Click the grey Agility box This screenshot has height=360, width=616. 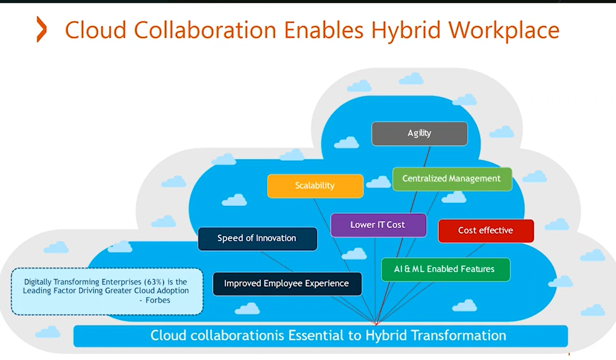[419, 133]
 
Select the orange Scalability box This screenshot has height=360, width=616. [315, 186]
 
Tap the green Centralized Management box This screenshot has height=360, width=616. [451, 179]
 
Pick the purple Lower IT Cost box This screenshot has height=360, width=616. [378, 225]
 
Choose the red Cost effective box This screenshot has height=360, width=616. [486, 231]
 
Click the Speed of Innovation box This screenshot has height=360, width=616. [257, 238]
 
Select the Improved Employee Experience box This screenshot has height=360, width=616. [286, 283]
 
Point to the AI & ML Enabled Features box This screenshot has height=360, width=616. [444, 270]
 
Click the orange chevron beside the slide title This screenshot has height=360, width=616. [41, 29]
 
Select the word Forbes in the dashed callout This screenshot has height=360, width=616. [158, 300]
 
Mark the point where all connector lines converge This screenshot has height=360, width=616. [376, 324]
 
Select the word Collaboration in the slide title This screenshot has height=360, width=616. [205, 30]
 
